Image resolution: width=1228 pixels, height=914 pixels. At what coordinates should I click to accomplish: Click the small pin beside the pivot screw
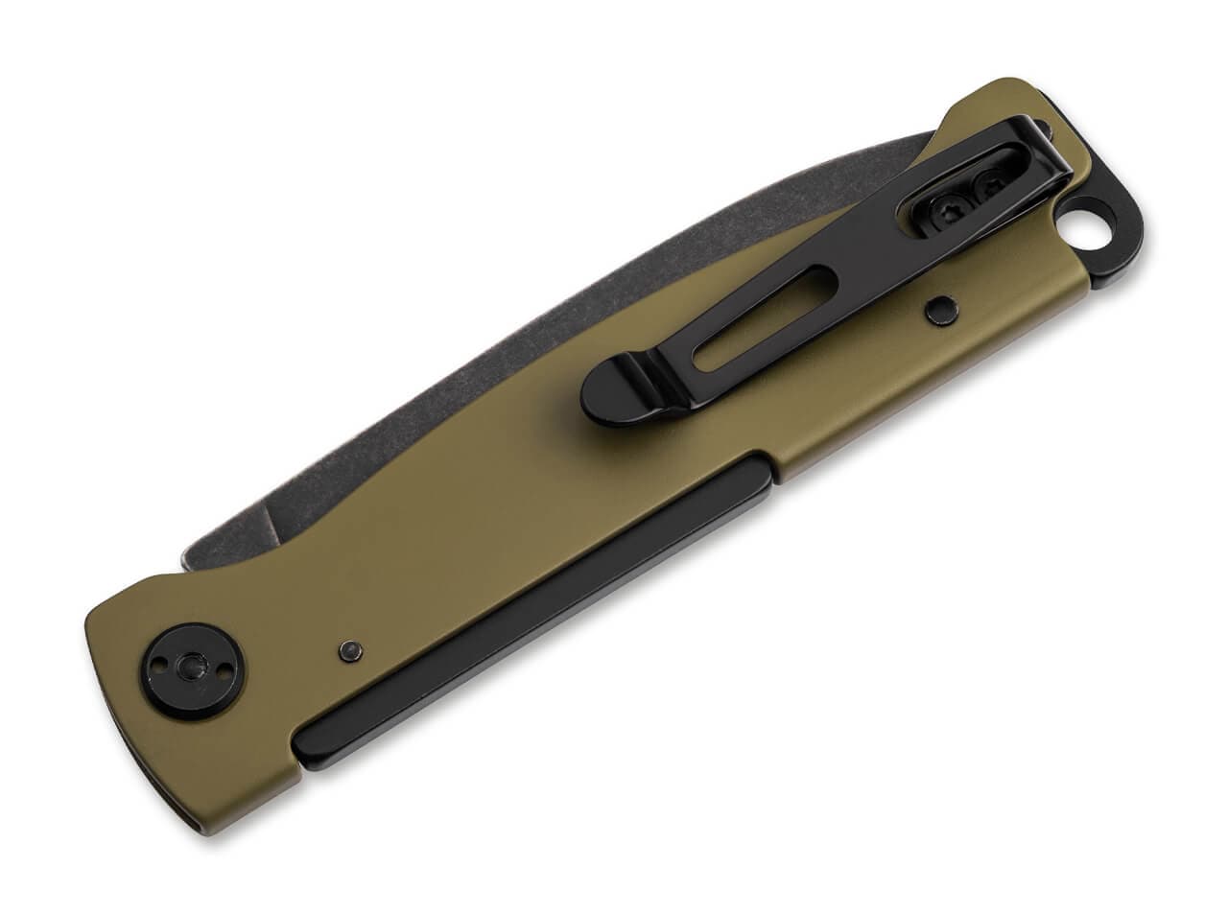click(x=350, y=649)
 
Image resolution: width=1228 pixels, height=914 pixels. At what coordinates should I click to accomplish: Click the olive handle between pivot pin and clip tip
click(x=480, y=537)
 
